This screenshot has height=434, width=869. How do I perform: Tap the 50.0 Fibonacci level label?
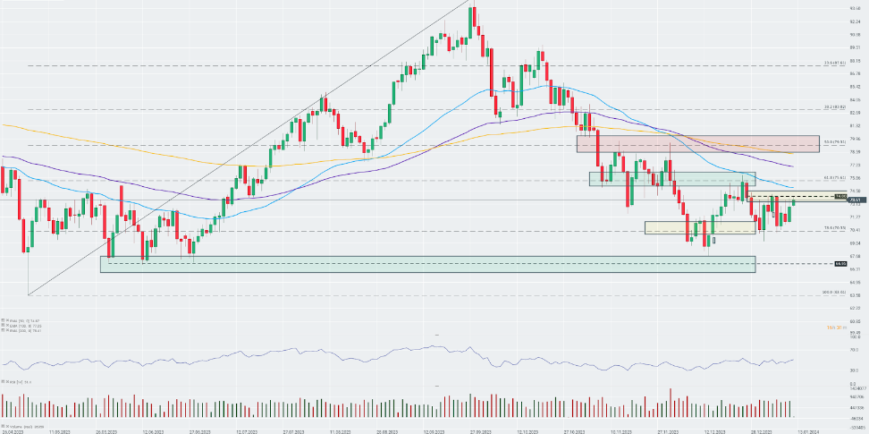835,141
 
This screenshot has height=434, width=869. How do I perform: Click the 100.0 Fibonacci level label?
835,293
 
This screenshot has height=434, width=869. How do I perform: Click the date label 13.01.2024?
808,430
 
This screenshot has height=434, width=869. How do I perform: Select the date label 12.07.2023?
247,430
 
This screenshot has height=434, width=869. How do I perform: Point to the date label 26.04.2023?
13,430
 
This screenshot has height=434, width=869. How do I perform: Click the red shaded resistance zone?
697,143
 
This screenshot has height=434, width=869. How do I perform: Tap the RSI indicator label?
13,382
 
